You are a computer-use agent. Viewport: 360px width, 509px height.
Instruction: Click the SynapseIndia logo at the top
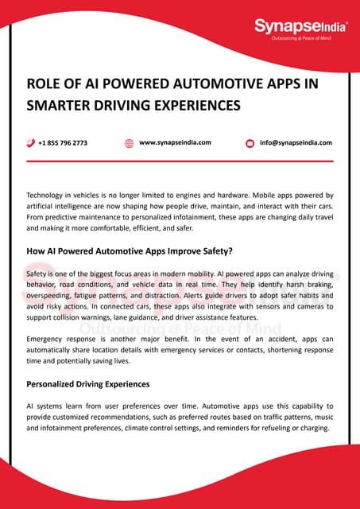(x=300, y=27)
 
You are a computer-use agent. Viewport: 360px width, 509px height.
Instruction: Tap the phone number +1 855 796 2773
(x=63, y=143)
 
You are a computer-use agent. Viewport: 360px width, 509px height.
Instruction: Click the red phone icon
(x=30, y=143)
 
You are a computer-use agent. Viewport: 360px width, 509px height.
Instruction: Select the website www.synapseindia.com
(x=175, y=142)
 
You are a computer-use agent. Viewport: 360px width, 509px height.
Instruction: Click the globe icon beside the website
(x=129, y=143)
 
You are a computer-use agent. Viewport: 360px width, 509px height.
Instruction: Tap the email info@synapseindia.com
(x=296, y=143)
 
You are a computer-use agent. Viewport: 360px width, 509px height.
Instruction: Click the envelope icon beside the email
(x=250, y=143)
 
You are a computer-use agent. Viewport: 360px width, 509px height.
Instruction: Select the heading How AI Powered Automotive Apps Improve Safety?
(x=130, y=251)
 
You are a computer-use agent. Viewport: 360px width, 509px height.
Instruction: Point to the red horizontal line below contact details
(x=180, y=161)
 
